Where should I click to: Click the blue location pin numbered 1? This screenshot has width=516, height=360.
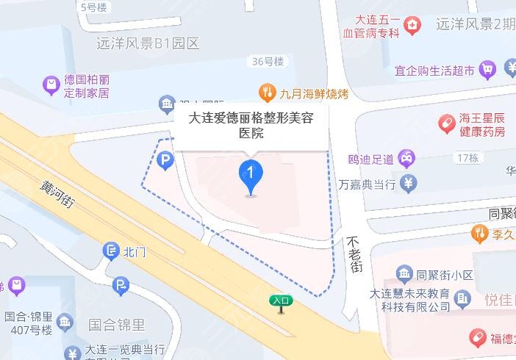(251, 176)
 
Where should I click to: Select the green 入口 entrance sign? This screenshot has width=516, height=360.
(282, 300)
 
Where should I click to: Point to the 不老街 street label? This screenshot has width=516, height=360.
(355, 255)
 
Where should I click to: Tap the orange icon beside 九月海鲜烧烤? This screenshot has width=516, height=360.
(266, 93)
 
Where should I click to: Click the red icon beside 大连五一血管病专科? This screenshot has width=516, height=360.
(414, 27)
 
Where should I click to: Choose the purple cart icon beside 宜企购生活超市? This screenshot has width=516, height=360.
(487, 70)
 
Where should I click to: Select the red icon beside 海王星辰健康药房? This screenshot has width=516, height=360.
(446, 124)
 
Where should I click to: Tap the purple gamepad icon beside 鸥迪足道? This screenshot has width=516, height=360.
(406, 156)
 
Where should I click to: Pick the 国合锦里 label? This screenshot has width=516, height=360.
(116, 324)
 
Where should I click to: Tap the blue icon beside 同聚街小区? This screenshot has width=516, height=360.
(403, 276)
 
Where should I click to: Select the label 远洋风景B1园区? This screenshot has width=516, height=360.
(148, 43)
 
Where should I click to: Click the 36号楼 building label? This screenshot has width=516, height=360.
(267, 62)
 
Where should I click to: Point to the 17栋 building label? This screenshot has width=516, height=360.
(467, 158)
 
